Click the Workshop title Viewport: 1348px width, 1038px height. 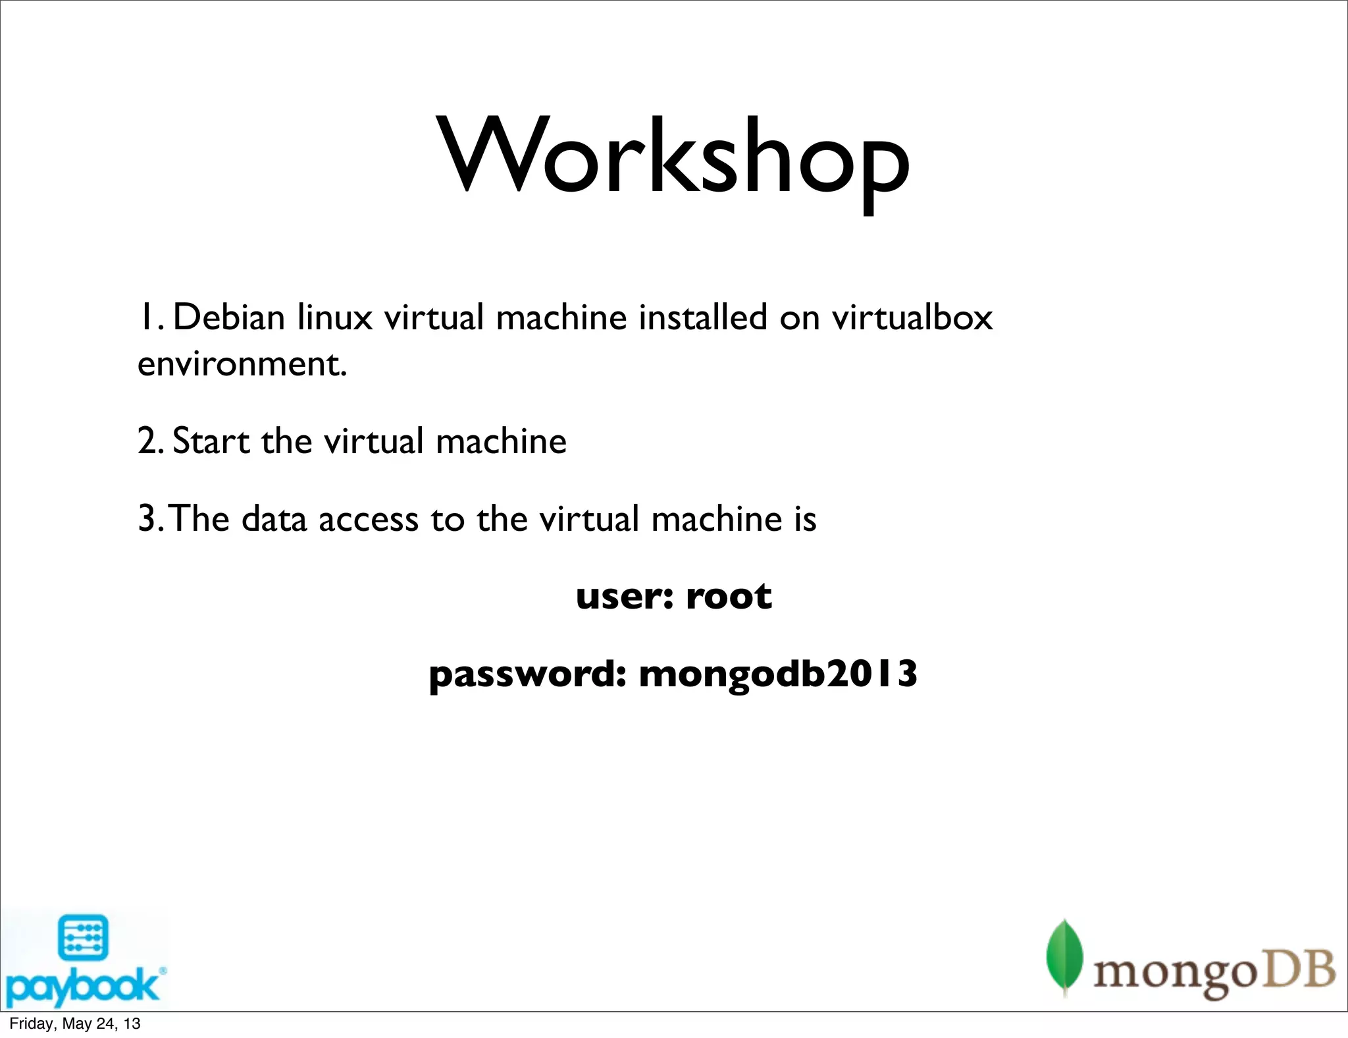674,158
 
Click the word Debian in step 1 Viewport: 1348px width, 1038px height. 228,317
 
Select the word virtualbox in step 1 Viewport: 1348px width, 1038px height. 912,317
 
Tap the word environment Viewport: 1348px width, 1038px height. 241,365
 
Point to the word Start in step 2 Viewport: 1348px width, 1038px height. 211,441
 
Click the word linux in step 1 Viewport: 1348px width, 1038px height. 334,317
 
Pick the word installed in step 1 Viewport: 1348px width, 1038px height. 703,317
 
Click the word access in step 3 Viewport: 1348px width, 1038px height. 369,520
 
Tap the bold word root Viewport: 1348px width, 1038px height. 729,597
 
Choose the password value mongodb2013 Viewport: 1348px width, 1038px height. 778,674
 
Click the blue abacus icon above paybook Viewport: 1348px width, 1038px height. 83,937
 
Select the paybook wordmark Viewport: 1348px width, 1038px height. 82,985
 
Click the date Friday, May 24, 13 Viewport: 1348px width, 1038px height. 75,1024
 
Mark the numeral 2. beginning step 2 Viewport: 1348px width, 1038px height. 150,441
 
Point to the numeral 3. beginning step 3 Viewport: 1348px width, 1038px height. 150,520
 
